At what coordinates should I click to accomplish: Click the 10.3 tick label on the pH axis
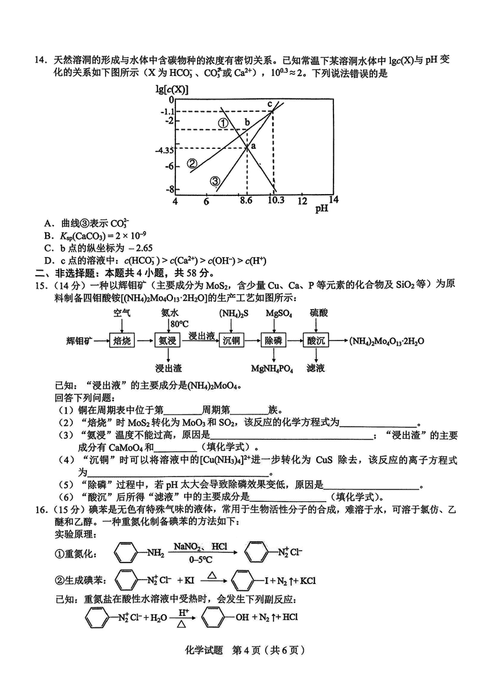pos(275,201)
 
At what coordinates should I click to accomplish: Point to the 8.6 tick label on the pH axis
pos(246,201)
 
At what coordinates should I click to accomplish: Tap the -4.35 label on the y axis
pos(165,150)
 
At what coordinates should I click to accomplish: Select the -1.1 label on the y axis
pos(167,111)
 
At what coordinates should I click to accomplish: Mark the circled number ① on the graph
pos(223,122)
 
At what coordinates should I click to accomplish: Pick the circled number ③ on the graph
pos(215,181)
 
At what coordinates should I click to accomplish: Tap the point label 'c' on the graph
pos(269,103)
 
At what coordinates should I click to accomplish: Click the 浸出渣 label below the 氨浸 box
pos(168,368)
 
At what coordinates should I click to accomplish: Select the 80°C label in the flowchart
pos(179,324)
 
